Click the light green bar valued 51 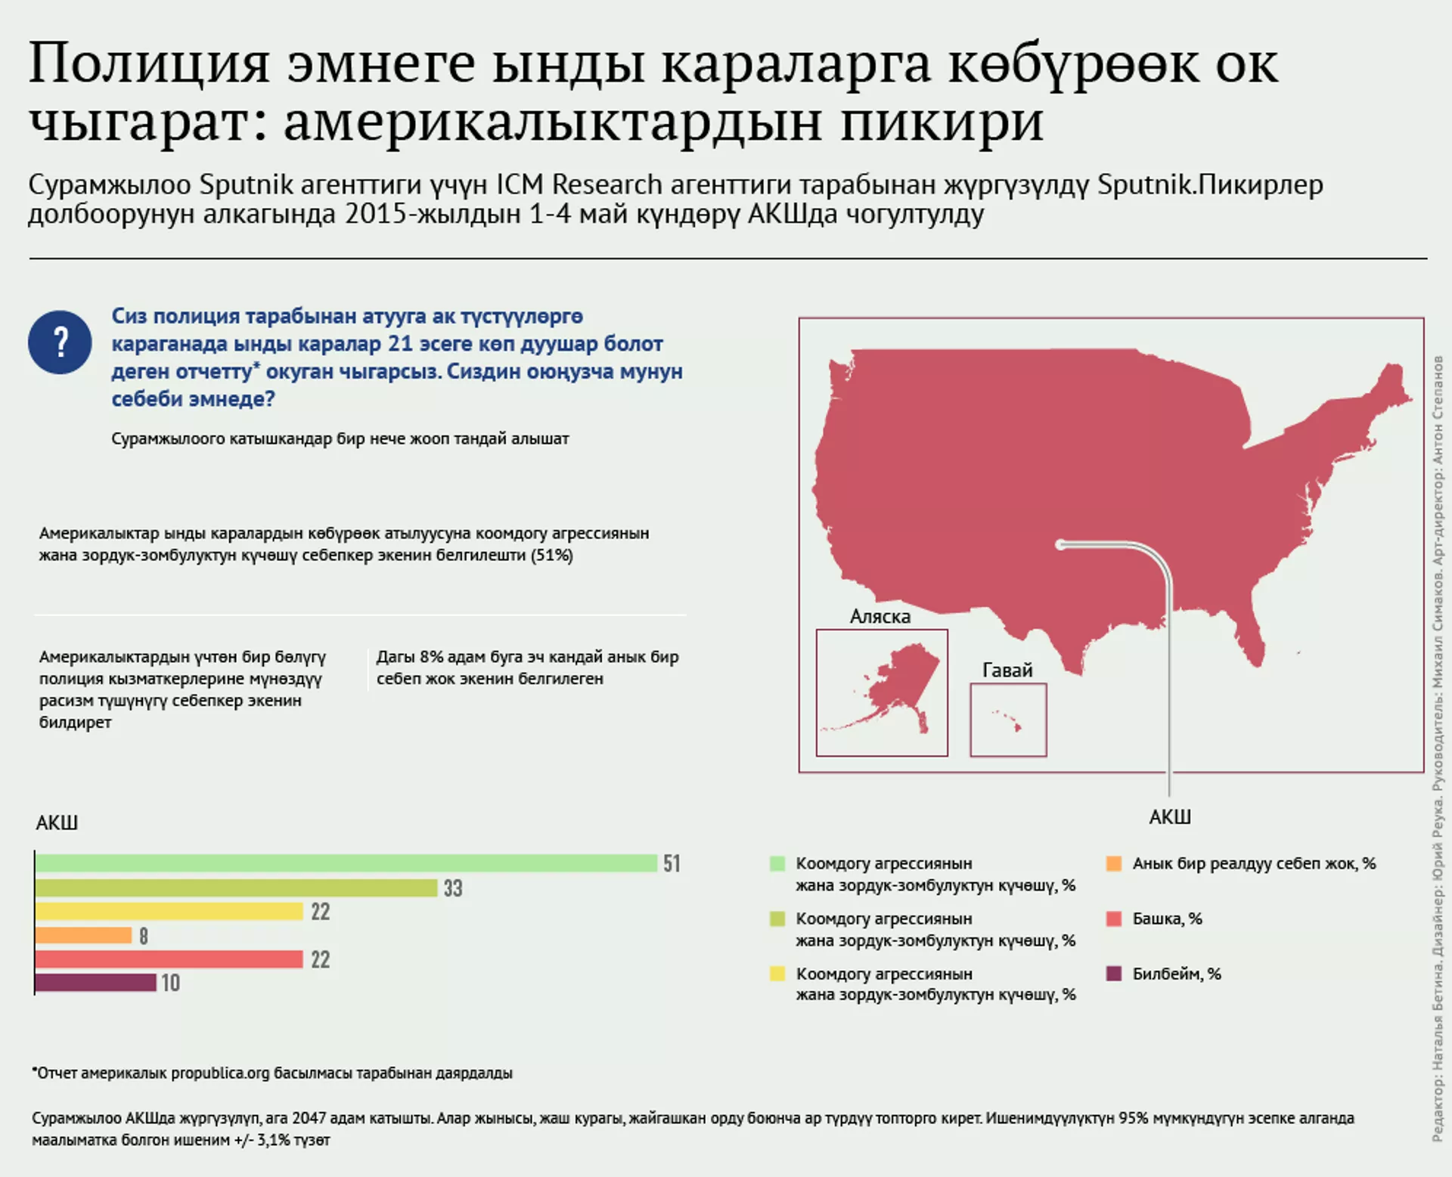point(346,863)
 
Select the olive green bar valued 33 point(236,887)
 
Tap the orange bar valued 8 point(83,936)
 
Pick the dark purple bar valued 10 point(95,983)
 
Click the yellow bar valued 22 point(169,912)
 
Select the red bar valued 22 point(169,959)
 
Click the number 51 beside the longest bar point(672,863)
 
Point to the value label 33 point(453,888)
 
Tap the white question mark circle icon point(60,342)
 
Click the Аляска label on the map point(880,617)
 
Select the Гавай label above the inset point(1007,671)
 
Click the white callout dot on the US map point(1060,544)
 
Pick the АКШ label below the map point(1169,817)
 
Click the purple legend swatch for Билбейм point(1113,974)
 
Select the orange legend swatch point(1113,863)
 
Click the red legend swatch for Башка point(1113,918)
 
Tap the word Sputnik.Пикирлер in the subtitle point(1210,185)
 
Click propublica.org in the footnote point(220,1073)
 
